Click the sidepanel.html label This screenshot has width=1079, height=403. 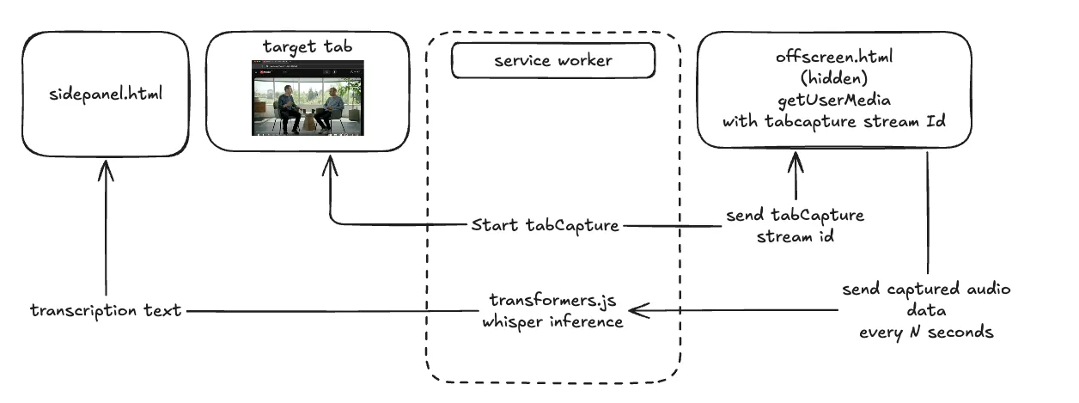[x=106, y=92]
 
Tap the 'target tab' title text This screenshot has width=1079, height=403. [x=307, y=45]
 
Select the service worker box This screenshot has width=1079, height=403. [x=552, y=61]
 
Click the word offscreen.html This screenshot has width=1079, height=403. [x=833, y=58]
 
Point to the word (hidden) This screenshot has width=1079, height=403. [x=833, y=79]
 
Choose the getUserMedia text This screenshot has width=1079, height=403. [x=833, y=100]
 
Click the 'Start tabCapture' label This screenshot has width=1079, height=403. [x=545, y=226]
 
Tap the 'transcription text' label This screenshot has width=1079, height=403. [x=105, y=311]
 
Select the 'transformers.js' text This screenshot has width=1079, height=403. [x=552, y=302]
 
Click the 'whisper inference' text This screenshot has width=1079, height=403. [x=552, y=321]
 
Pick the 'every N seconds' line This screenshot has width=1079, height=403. [x=926, y=332]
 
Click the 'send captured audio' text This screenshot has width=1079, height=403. [x=926, y=290]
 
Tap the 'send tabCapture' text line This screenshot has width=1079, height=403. [x=795, y=215]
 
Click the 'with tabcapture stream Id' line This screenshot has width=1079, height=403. [x=833, y=121]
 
